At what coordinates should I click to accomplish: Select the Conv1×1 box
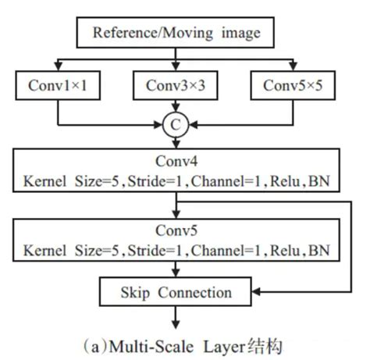click(59, 86)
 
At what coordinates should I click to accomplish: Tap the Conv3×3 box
click(178, 86)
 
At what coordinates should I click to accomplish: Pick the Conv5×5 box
click(296, 86)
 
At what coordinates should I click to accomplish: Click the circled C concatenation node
click(178, 123)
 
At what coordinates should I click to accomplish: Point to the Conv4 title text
click(178, 163)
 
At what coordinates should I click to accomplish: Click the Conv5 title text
click(178, 232)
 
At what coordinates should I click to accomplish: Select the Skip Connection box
click(178, 294)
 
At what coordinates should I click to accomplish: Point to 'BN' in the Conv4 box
click(320, 183)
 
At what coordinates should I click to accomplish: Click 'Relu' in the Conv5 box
click(289, 251)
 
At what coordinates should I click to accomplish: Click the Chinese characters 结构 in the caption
click(265, 344)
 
